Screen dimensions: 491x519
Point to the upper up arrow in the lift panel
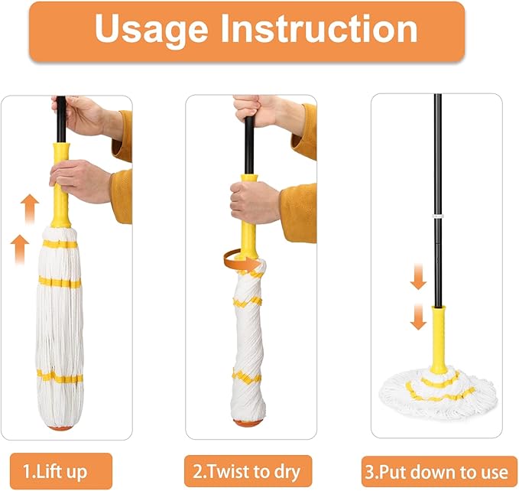point(28,207)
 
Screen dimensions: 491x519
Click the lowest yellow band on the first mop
point(59,376)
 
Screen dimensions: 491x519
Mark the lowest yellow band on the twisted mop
point(247,376)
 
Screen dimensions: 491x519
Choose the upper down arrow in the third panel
point(417,279)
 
